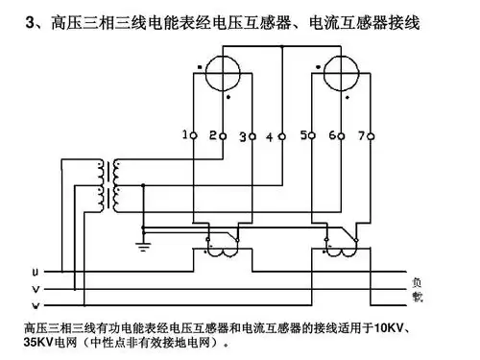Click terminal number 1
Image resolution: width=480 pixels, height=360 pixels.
pyautogui.click(x=192, y=134)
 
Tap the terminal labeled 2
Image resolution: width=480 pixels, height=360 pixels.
pyautogui.click(x=222, y=134)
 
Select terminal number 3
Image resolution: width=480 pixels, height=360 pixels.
pyautogui.click(x=252, y=134)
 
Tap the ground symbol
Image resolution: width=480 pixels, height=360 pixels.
pyautogui.click(x=142, y=248)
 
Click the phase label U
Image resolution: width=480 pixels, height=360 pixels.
pyautogui.click(x=36, y=272)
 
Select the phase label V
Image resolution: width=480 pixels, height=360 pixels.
pyautogui.click(x=36, y=289)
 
